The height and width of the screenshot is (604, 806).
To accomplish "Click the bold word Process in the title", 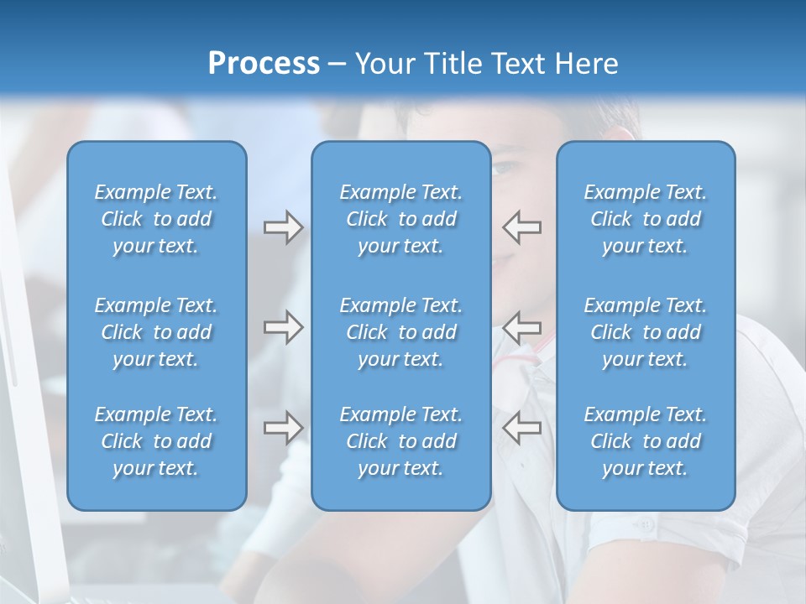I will click(264, 64).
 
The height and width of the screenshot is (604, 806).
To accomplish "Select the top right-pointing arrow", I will click(283, 227).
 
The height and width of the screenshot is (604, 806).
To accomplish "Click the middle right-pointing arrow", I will click(283, 327).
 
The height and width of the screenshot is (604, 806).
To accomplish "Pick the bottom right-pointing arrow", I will click(283, 428).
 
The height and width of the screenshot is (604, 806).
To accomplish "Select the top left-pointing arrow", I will click(522, 227).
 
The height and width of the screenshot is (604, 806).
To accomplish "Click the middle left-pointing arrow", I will click(522, 327).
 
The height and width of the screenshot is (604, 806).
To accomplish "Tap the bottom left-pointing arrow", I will click(522, 428).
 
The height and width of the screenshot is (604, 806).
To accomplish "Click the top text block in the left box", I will click(156, 219).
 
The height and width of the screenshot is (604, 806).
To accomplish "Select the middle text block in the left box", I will click(156, 332).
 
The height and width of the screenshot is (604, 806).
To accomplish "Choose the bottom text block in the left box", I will click(156, 441).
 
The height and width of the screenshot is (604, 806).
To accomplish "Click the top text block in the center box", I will click(400, 219).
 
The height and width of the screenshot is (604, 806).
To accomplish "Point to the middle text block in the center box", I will click(400, 332).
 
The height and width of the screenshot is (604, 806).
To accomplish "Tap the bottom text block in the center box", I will click(400, 441).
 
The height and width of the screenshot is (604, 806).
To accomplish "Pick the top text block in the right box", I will click(645, 219).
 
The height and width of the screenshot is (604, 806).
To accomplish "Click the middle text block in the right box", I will click(645, 332).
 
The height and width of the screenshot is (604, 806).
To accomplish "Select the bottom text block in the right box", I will click(645, 441).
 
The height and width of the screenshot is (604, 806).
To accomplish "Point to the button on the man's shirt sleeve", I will click(646, 526).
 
